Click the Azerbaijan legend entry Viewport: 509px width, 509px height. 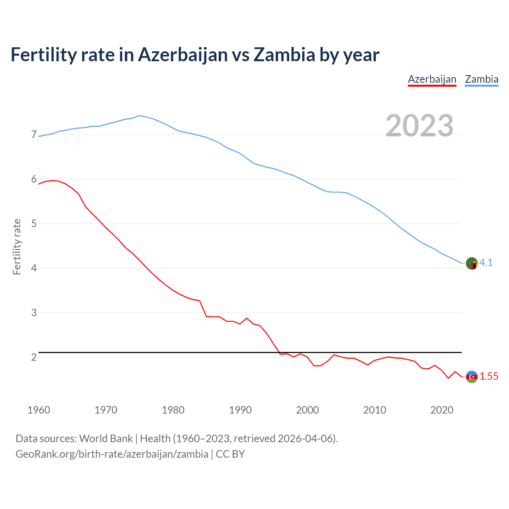tap(432, 79)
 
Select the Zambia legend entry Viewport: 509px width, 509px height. tap(482, 79)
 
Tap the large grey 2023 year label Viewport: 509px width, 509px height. tap(420, 126)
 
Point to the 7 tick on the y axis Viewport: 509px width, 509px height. tap(34, 135)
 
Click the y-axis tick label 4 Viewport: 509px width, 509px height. tap(34, 268)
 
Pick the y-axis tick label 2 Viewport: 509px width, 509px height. tap(34, 357)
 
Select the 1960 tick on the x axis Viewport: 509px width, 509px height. tap(39, 410)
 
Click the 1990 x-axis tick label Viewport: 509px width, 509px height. tap(240, 410)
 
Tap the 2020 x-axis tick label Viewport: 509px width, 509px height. tap(442, 410)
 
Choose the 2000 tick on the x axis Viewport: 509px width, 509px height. tap(307, 410)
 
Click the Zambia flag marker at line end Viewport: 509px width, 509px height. tap(472, 263)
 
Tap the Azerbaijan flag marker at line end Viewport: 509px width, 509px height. tap(472, 377)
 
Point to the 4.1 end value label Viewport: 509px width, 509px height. tap(486, 263)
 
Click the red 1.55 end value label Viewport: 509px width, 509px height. tap(489, 377)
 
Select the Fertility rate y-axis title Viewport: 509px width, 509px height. tap(17, 247)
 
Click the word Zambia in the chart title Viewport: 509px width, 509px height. tap(284, 55)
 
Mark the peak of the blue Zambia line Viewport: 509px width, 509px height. tap(139, 115)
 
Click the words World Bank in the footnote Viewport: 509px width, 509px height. tap(106, 439)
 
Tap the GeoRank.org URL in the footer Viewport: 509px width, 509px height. tap(112, 454)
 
